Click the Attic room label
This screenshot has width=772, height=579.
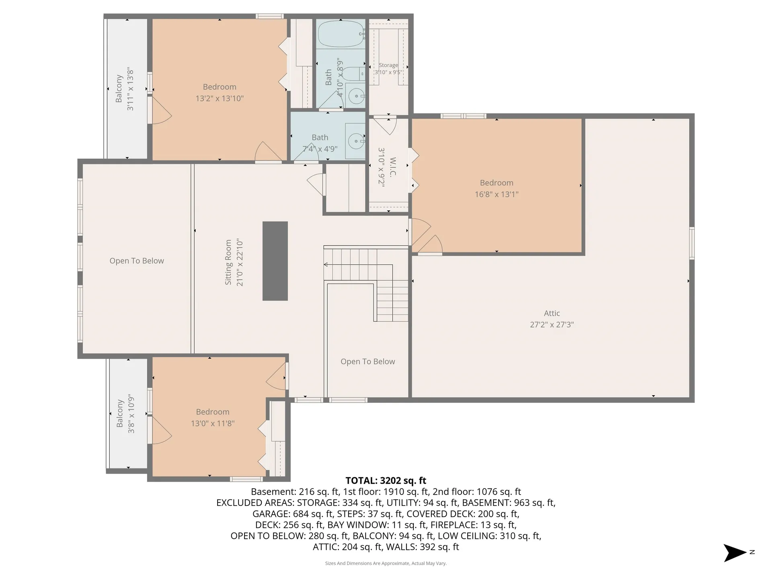552,313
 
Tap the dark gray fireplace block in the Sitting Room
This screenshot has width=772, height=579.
275,261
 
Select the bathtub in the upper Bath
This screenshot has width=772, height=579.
341,34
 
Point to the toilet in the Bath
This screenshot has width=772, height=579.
354,74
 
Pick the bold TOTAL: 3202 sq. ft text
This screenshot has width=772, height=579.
386,480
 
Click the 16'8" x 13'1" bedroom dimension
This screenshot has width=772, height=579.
497,194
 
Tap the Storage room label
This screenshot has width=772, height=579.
388,65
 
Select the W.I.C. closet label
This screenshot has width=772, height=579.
393,167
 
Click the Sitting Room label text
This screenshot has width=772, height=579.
228,263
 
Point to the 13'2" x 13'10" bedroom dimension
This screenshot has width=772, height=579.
220,99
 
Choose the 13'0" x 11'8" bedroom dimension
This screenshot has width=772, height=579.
213,423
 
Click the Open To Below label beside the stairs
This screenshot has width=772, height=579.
368,361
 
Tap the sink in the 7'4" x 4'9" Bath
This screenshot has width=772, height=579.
356,141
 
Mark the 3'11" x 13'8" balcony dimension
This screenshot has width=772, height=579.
130,89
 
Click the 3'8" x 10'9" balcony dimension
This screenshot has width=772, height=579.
131,414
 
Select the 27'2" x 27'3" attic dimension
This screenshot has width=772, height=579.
552,324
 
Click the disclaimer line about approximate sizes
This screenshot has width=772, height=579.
386,563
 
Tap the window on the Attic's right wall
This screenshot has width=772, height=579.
692,243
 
